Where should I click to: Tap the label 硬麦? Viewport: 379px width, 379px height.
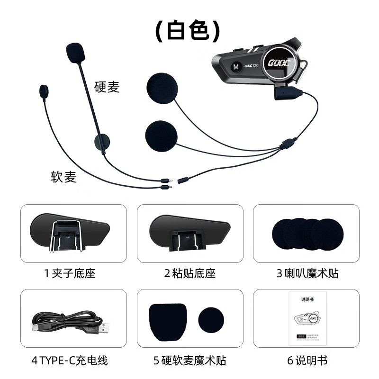tap(107, 87)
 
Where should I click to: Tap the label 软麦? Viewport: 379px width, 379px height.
tap(63, 177)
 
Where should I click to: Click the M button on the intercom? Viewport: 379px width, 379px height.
tap(235, 67)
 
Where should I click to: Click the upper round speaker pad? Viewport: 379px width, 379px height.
tap(161, 88)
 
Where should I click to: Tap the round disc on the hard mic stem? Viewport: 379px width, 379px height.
tap(101, 141)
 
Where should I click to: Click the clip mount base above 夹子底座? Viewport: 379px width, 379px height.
tap(71, 233)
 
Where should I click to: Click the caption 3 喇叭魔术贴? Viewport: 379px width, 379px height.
tap(307, 274)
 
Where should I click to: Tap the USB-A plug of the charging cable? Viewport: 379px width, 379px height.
tap(106, 327)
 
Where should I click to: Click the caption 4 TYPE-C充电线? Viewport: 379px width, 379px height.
tap(70, 360)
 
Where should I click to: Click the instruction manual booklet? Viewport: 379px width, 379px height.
tap(306, 318)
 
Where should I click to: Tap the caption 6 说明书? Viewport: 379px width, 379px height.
tap(307, 360)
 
